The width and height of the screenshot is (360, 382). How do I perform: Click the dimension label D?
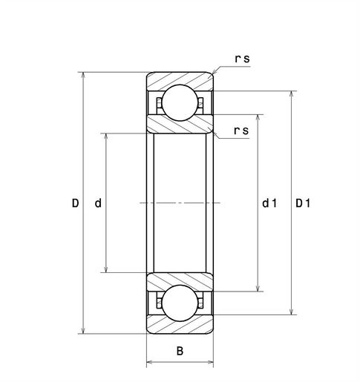74,203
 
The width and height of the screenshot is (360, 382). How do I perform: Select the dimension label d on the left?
98,203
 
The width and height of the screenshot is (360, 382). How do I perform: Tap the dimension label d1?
269,203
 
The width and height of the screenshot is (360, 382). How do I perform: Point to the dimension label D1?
303,203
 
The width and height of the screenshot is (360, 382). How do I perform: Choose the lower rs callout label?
240,131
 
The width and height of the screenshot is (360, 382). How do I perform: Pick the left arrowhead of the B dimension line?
150,363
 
